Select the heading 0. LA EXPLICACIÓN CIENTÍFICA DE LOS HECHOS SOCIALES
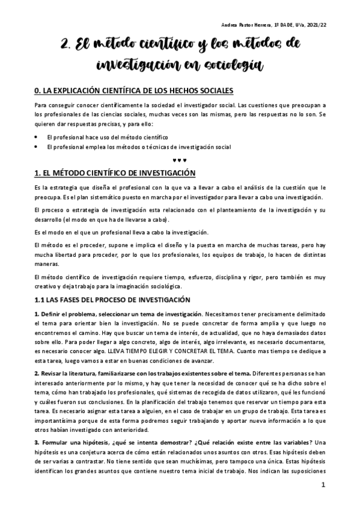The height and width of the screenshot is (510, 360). click(x=134, y=91)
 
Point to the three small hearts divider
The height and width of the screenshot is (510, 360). click(x=180, y=159)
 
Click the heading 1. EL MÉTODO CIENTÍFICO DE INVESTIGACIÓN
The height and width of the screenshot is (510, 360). click(x=115, y=173)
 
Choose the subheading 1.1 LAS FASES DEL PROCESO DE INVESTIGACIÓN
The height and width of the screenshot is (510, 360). click(x=112, y=299)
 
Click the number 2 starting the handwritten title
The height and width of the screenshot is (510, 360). click(x=66, y=44)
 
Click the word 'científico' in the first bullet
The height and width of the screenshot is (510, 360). click(x=150, y=137)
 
